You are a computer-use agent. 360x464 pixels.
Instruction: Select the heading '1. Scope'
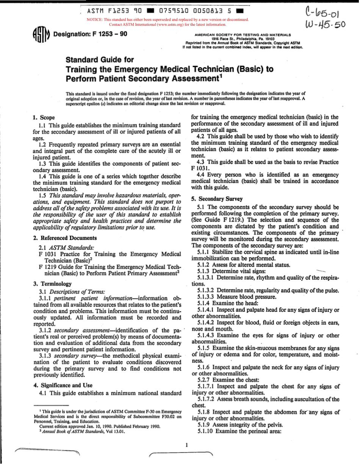click(44, 118)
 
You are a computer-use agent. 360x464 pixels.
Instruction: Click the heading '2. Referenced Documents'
click(64, 238)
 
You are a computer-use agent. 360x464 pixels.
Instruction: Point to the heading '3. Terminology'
click(52, 284)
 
